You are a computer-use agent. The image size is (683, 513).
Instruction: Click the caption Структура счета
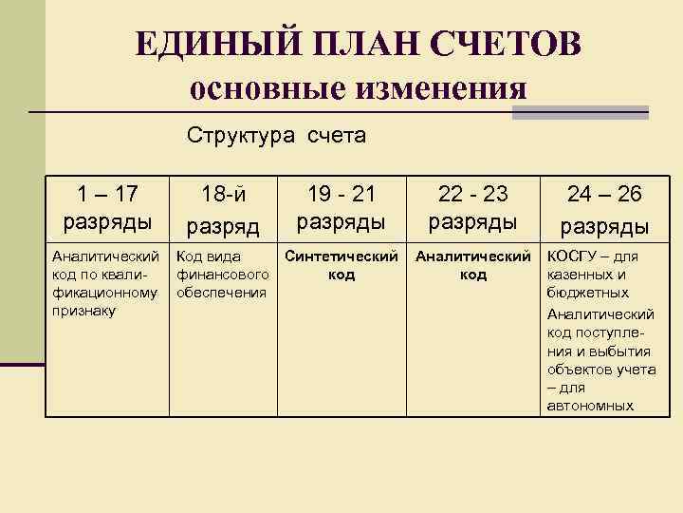click(276, 136)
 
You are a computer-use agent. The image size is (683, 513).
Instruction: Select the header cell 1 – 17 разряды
click(107, 207)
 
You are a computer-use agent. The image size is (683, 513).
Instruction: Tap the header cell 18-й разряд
click(223, 209)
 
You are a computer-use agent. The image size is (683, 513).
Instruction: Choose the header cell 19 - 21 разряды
click(341, 207)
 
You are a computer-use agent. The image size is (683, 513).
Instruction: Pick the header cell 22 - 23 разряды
click(472, 207)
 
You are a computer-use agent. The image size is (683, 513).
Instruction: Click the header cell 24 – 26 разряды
click(604, 209)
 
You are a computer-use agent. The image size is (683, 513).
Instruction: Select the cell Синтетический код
click(341, 265)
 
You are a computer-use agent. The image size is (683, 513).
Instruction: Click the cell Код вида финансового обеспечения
click(222, 275)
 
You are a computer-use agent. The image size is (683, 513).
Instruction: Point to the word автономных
click(590, 406)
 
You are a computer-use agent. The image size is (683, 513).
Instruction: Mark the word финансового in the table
click(222, 275)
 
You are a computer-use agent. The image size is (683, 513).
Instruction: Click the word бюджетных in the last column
click(588, 294)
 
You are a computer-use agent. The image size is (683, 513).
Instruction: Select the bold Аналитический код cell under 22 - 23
click(473, 265)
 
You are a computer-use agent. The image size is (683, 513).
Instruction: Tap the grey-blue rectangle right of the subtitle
click(580, 112)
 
